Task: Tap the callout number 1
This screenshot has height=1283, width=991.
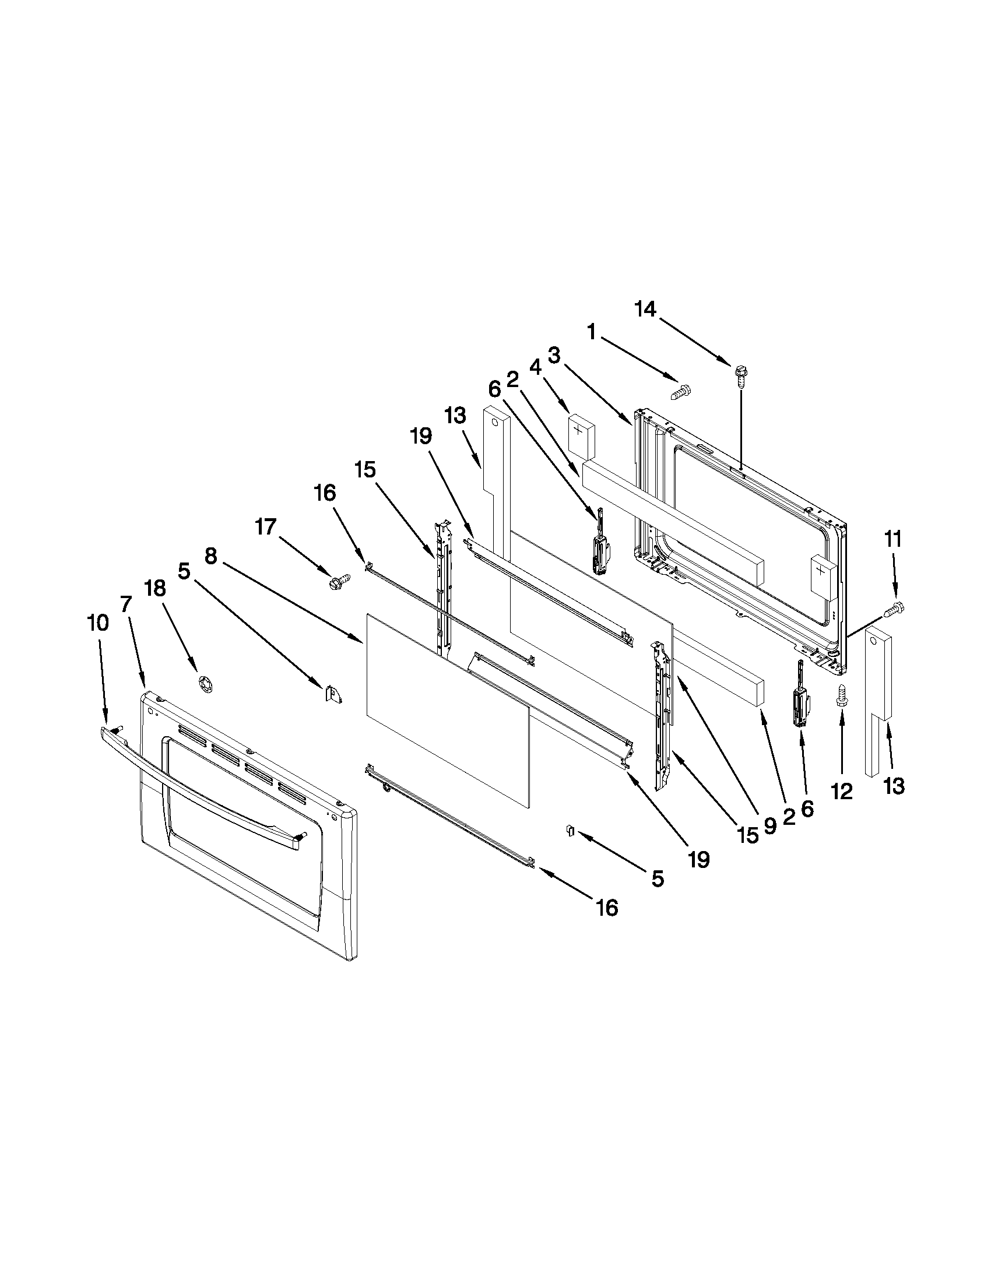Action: tap(592, 333)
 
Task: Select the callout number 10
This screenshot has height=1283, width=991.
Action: tap(98, 623)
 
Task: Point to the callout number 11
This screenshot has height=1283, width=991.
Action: tap(893, 539)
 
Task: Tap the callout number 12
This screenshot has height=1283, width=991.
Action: tap(841, 792)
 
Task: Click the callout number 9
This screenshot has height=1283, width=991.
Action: tap(770, 827)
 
